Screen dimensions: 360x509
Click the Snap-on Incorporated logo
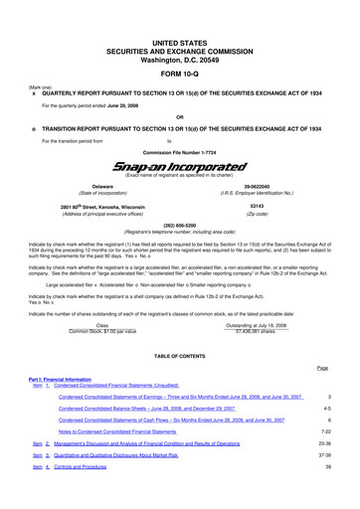(179, 166)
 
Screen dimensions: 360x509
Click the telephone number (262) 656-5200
(179, 226)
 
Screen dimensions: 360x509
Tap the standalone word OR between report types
(179, 113)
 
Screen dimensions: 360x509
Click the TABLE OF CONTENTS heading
(179, 356)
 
